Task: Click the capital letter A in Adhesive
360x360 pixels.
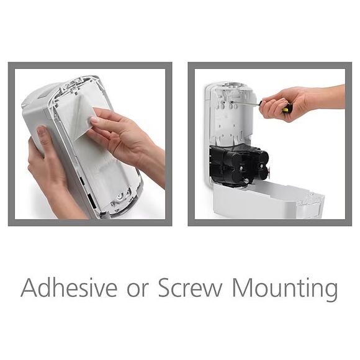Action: pos(30,288)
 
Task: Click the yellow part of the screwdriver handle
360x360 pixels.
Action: pos(286,110)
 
